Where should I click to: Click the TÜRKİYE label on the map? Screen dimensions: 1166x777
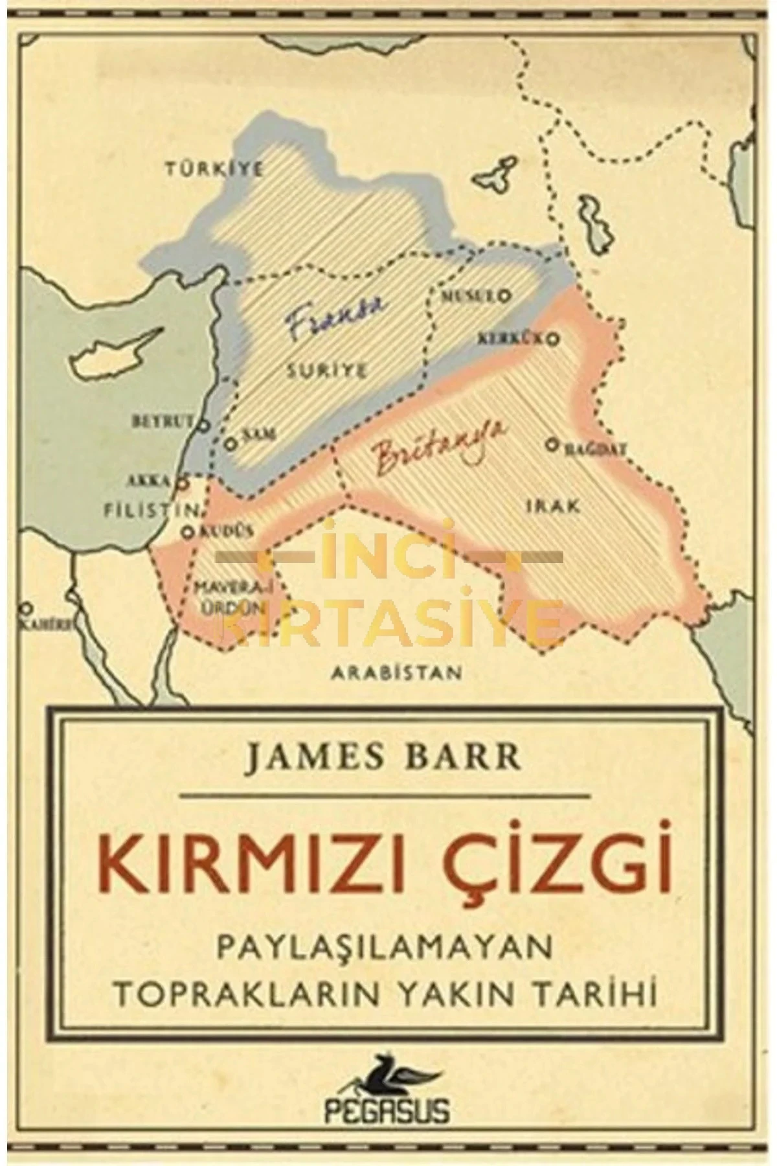(214, 170)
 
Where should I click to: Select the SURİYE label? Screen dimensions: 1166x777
(328, 371)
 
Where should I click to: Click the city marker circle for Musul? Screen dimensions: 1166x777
(503, 295)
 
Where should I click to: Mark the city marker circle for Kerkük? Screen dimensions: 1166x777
(554, 337)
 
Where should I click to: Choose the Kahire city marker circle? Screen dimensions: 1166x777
(27, 608)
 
